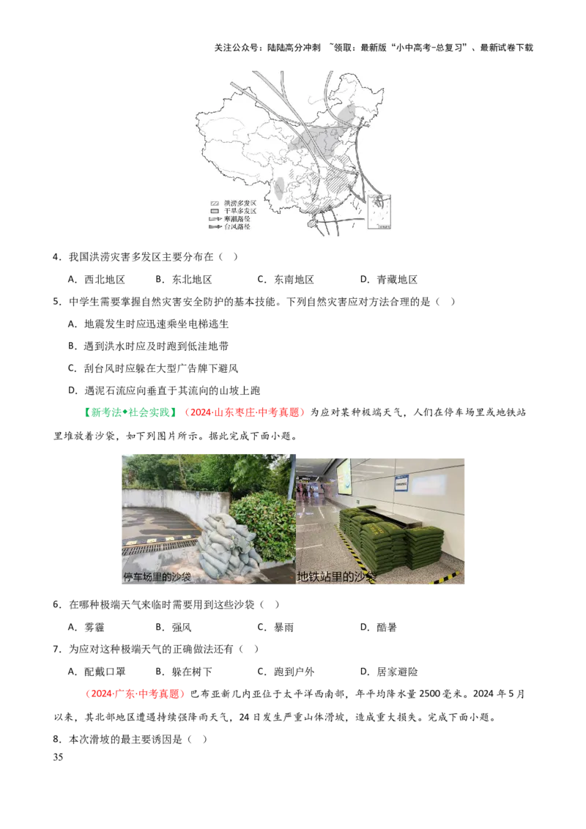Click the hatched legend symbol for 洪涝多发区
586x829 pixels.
[215, 202]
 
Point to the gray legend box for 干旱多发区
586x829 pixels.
[215, 210]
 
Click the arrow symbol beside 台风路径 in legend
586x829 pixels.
[215, 227]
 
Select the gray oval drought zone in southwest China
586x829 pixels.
[279, 187]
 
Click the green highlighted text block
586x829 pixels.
[130, 414]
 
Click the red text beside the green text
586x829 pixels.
[245, 414]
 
